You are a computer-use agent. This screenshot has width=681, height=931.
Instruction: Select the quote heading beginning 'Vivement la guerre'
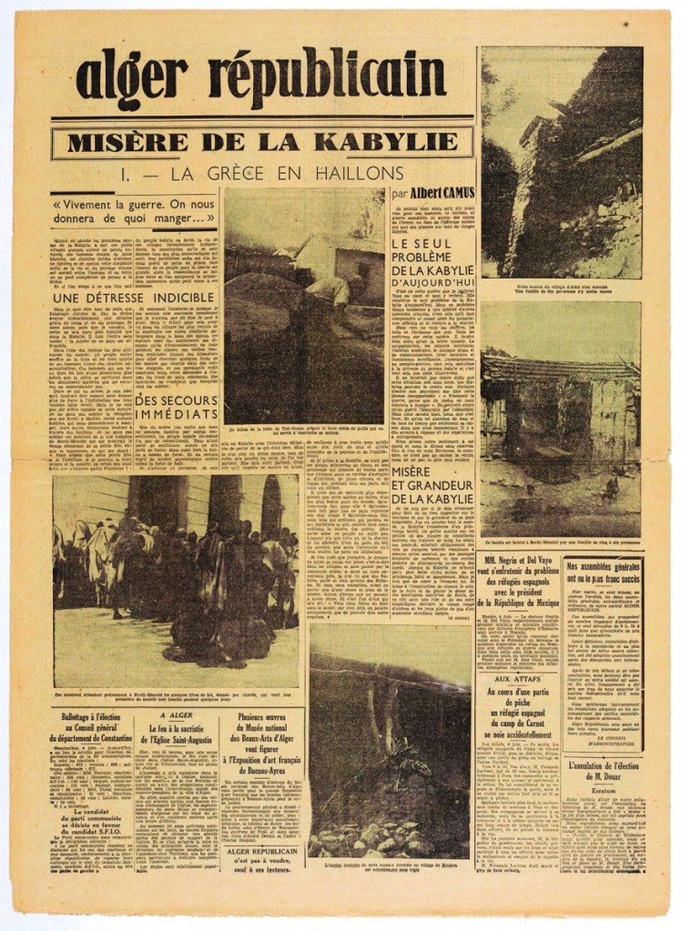point(135,211)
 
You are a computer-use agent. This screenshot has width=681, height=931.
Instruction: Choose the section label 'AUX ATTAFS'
point(513,679)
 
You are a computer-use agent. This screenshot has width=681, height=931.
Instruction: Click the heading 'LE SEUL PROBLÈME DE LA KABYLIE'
point(432,261)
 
